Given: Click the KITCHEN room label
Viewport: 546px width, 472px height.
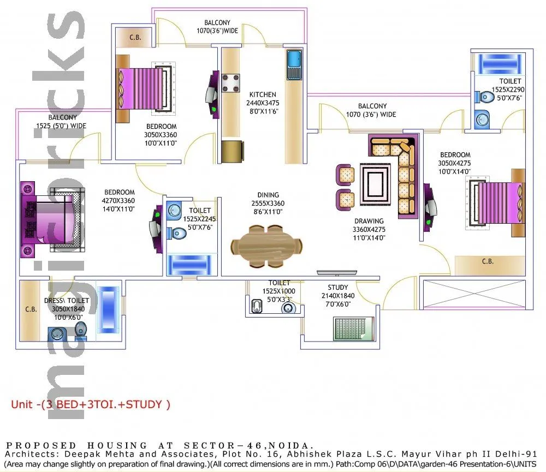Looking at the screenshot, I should click(261, 94).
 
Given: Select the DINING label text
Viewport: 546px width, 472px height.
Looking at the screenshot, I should click(268, 195).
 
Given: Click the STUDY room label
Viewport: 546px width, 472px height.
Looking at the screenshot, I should click(338, 288).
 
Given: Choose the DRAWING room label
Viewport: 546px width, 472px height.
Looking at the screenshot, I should click(369, 221).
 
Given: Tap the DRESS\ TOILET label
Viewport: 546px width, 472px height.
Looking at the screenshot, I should click(67, 300).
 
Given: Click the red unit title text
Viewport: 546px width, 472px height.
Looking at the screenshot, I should click(91, 404).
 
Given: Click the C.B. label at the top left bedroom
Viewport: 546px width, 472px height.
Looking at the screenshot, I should click(135, 37).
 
